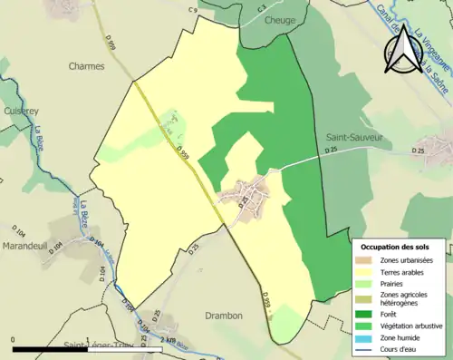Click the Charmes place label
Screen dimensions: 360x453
(87, 66)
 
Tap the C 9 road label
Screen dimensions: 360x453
(193, 9)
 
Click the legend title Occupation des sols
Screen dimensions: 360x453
(397, 247)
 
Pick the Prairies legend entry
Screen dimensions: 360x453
(395, 283)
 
